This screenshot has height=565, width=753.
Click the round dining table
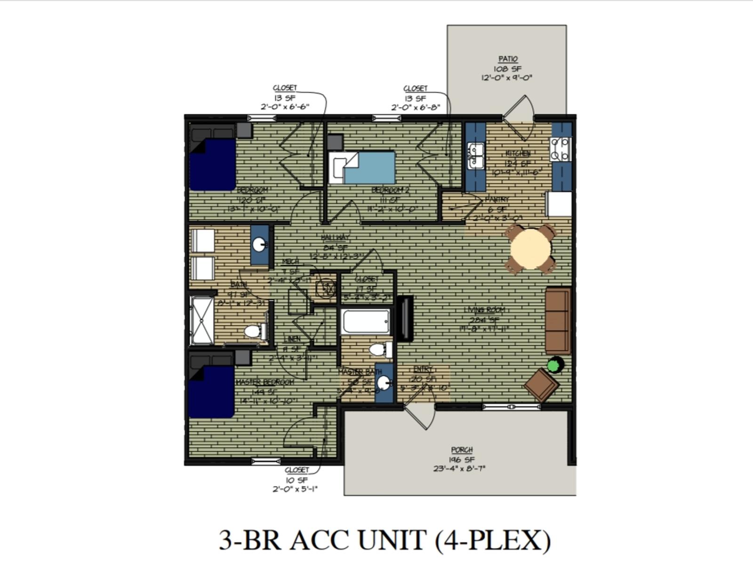[x=530, y=248]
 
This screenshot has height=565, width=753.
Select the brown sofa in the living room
[x=558, y=321]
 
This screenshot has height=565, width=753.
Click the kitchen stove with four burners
[x=560, y=149]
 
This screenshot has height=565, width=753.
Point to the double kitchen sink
[x=475, y=156]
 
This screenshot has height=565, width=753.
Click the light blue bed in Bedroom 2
[x=369, y=168]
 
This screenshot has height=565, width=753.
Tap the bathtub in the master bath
[x=366, y=321]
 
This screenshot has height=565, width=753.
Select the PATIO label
[x=507, y=59]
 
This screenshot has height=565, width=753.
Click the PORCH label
[x=461, y=450]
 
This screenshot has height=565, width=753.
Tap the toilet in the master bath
[x=380, y=349]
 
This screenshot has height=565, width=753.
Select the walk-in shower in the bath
[x=201, y=320]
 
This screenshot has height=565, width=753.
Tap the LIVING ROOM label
[x=484, y=310]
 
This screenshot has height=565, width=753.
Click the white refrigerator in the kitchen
[x=559, y=204]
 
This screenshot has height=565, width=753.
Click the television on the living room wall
[x=405, y=319]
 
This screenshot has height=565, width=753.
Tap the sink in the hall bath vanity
[x=259, y=244]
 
